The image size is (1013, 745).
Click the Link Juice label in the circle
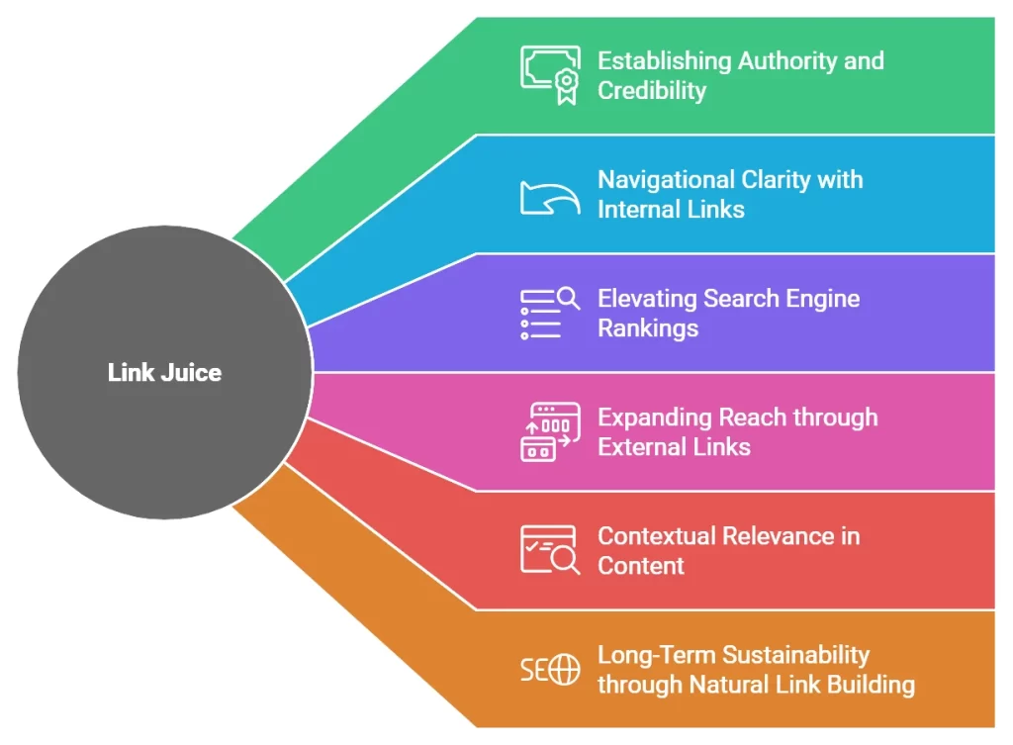click(164, 373)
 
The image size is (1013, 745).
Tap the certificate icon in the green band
click(550, 74)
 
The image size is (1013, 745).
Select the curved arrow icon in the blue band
click(550, 195)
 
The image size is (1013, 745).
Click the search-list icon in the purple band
click(550, 313)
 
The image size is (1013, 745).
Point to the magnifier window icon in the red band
click(550, 550)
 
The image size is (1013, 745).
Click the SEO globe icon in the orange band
click(550, 670)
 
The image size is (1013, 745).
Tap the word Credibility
click(652, 90)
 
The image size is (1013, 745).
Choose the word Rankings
click(648, 328)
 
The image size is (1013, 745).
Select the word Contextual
click(656, 536)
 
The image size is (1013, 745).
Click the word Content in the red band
click(641, 566)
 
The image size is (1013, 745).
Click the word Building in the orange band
click(874, 685)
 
